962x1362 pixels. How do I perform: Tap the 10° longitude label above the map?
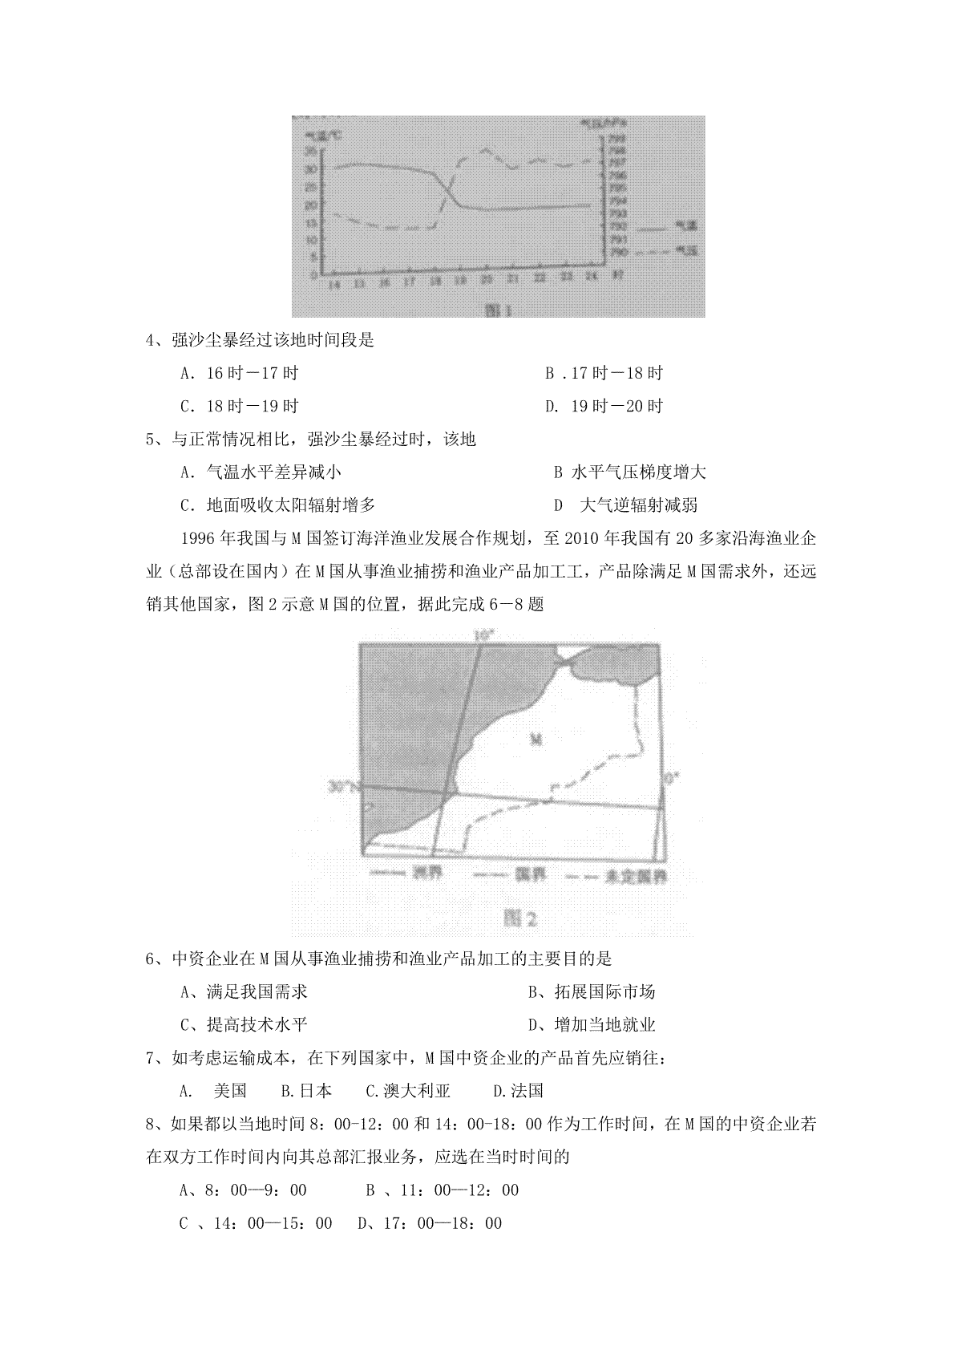point(484,635)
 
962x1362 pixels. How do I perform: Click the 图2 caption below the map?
point(519,917)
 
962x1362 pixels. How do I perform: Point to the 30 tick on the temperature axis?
point(310,168)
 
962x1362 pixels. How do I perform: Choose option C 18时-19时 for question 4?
point(240,407)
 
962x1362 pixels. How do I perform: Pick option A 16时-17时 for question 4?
point(240,373)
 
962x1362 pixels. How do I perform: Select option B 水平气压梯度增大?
point(629,472)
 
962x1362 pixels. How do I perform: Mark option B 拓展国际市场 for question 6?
point(592,992)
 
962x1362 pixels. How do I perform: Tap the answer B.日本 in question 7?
point(306,1091)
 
